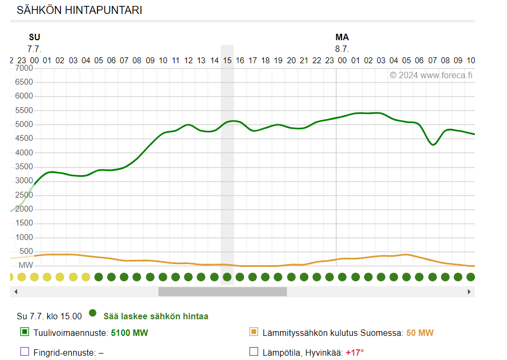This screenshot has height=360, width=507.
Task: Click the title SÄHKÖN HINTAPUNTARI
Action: [79, 10]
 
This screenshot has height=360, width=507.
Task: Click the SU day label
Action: [34, 37]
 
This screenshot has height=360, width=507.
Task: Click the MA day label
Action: [342, 37]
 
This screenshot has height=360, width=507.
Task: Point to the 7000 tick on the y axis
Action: [24, 68]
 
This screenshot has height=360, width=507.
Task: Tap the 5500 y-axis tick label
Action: [24, 110]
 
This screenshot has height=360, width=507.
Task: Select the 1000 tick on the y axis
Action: [24, 237]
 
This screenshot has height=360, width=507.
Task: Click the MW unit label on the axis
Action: [26, 265]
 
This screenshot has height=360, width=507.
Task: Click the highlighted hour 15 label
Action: [227, 61]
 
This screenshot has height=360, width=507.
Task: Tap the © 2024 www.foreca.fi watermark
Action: [431, 75]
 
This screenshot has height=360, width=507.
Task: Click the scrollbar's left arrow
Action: [16, 291]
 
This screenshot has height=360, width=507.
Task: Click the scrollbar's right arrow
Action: [469, 291]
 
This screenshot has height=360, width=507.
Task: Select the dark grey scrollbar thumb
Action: [222, 291]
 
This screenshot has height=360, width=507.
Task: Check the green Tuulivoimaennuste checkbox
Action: [24, 332]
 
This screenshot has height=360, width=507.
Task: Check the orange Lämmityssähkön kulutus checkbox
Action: [254, 332]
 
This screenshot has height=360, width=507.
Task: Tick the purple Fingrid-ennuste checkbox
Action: [24, 352]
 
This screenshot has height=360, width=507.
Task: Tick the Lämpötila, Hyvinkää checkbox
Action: [254, 352]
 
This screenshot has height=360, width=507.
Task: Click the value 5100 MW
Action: [129, 333]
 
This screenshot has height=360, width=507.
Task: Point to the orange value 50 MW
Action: [420, 333]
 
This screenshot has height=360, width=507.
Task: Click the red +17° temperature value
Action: [354, 352]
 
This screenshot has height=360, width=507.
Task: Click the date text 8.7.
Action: [342, 49]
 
